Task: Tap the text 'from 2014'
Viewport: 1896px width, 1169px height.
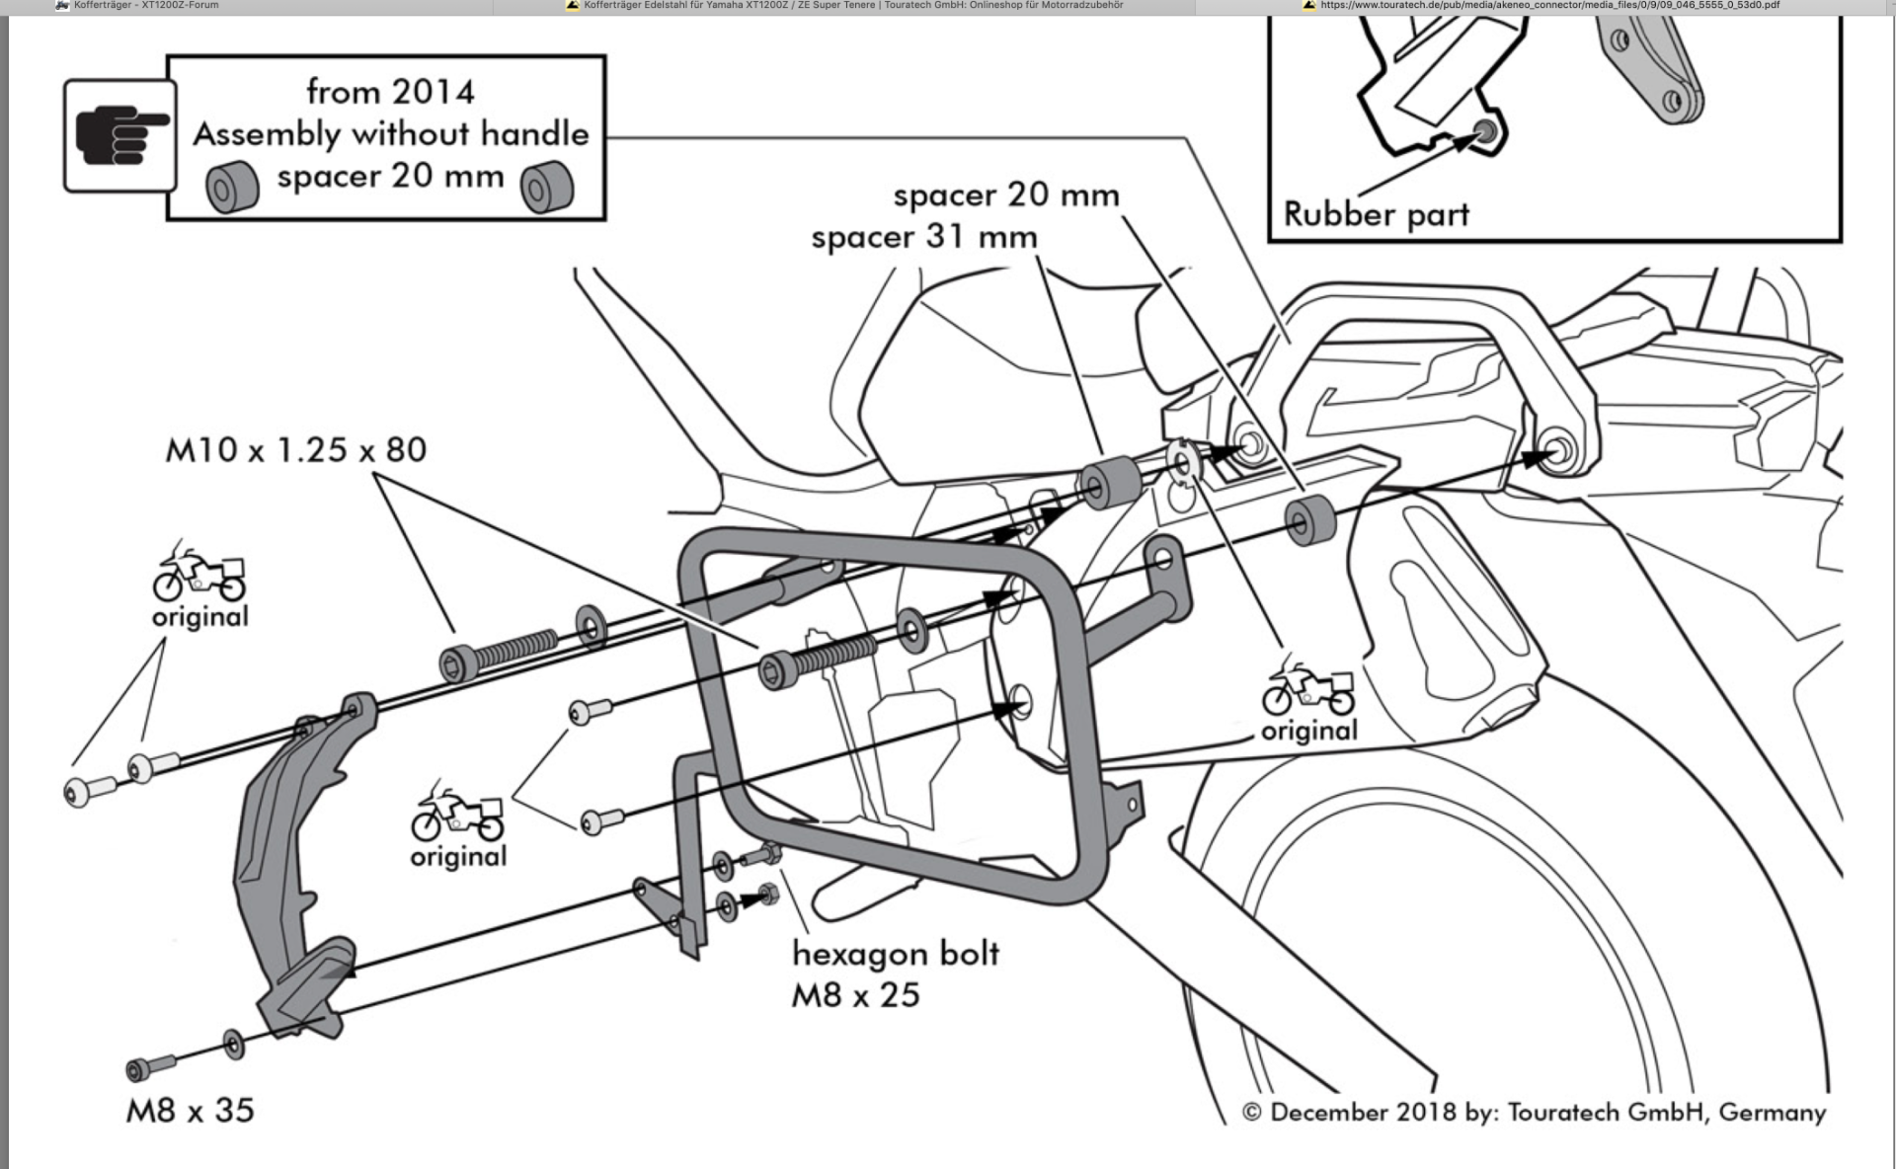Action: pyautogui.click(x=390, y=92)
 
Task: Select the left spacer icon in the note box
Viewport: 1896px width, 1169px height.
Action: pyautogui.click(x=232, y=187)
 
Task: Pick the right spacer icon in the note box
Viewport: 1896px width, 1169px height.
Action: pyautogui.click(x=547, y=187)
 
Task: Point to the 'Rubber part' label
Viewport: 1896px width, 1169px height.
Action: pyautogui.click(x=1376, y=214)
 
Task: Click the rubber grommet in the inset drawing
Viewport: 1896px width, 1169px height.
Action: pyautogui.click(x=1484, y=131)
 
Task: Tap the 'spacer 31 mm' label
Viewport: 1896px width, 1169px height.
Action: pyautogui.click(x=924, y=238)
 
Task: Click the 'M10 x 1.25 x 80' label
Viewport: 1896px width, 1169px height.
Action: pyautogui.click(x=296, y=450)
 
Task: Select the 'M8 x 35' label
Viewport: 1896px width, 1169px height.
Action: pyautogui.click(x=191, y=1111)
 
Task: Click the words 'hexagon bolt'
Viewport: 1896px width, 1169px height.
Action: pyautogui.click(x=896, y=954)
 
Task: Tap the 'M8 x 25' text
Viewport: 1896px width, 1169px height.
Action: pyautogui.click(x=855, y=995)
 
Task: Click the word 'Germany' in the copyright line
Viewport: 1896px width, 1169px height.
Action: pyautogui.click(x=1772, y=1113)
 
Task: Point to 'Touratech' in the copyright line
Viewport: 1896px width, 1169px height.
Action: pyautogui.click(x=1563, y=1113)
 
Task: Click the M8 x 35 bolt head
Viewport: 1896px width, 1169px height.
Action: pyautogui.click(x=139, y=1069)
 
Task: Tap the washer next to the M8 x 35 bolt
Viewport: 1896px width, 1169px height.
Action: pyautogui.click(x=234, y=1044)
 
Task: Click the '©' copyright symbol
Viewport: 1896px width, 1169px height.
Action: pyautogui.click(x=1251, y=1113)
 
